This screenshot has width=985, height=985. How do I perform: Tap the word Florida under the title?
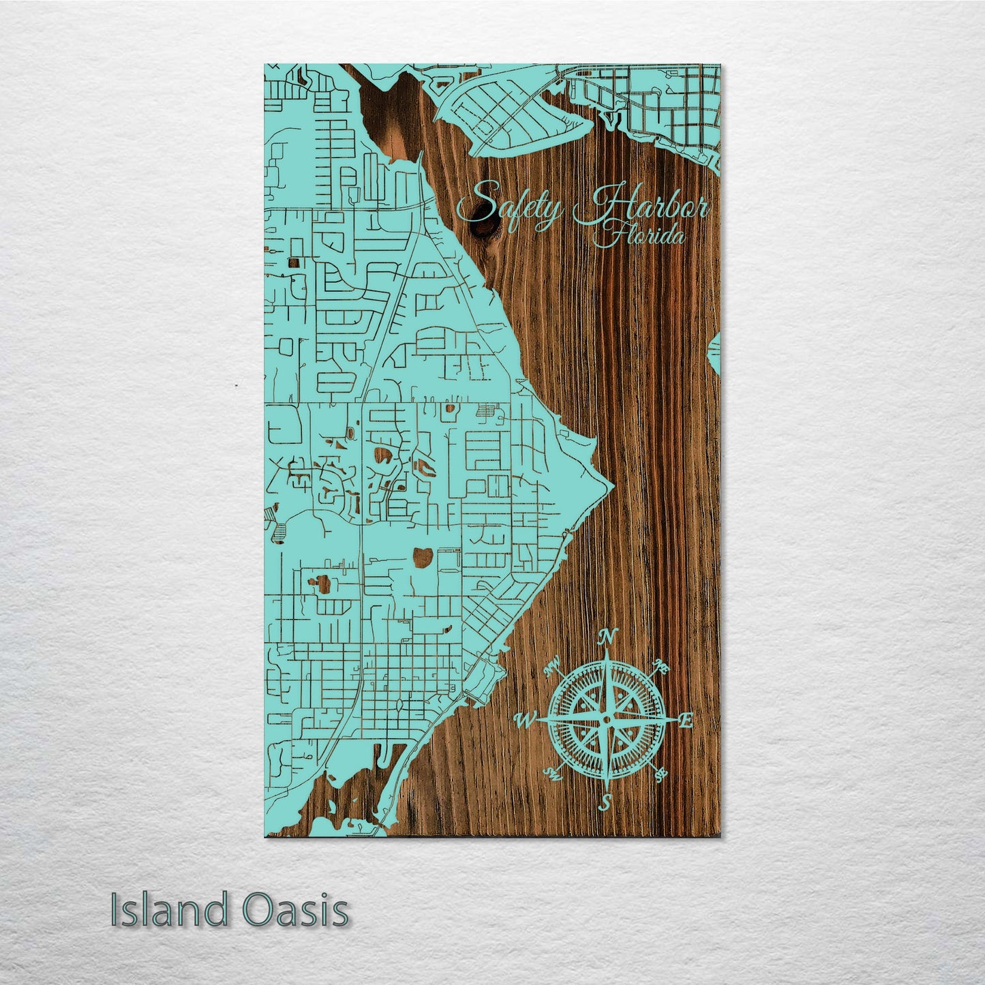pos(639,238)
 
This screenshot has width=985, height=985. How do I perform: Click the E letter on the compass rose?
pos(687,720)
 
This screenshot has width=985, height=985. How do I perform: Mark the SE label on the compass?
pos(659,774)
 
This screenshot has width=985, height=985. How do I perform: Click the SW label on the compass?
pos(552,774)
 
